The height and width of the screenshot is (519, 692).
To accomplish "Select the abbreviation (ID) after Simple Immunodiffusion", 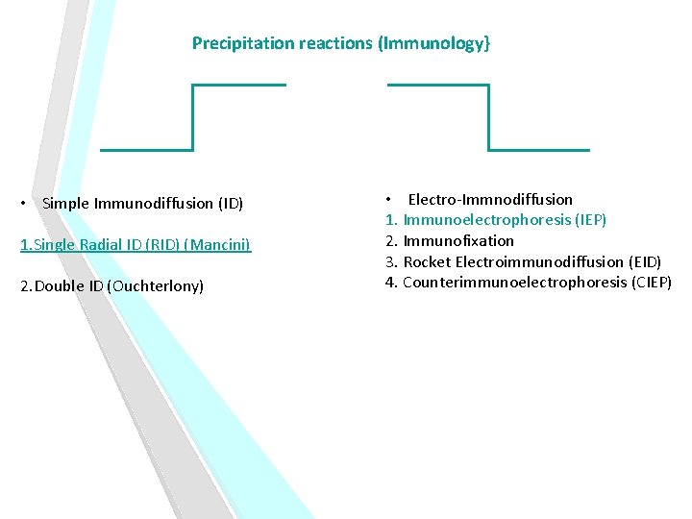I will pos(231,203).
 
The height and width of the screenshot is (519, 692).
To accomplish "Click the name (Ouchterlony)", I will pos(156,286).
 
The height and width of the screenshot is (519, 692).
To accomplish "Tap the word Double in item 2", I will pos(57,286).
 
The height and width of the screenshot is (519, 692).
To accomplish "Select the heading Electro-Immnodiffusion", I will pos(490,199).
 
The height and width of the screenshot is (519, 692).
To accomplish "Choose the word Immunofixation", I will pos(458,240).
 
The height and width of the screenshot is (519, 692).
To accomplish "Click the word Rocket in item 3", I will pos(426,261).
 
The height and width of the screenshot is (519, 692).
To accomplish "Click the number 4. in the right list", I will pos(391,282).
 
